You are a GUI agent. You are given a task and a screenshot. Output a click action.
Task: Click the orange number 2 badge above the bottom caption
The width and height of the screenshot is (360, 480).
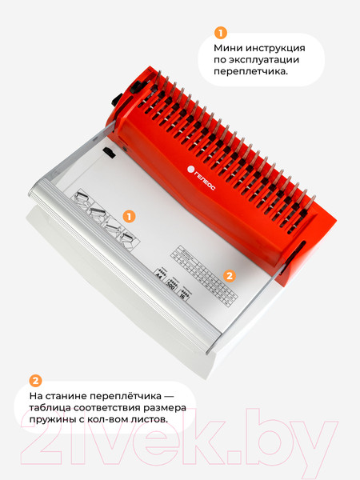(x=34, y=381)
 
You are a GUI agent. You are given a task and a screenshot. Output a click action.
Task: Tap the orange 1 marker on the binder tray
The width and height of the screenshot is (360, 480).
(x=129, y=217)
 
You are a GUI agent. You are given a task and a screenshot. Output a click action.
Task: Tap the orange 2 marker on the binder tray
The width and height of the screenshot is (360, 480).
(x=229, y=276)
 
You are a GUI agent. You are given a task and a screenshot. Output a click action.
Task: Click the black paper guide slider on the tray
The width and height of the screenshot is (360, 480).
(x=109, y=155)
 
